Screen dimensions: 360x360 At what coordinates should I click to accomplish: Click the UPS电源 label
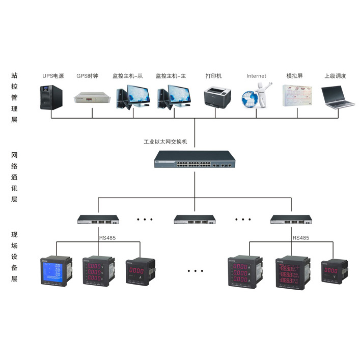click(53, 76)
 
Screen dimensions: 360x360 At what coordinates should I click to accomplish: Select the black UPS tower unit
click(51, 97)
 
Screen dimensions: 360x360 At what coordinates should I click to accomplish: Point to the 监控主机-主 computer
click(176, 97)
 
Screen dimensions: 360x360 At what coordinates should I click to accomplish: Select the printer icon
click(217, 97)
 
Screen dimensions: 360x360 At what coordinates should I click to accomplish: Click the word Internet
click(256, 76)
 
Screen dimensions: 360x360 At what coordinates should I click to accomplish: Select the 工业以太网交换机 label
click(166, 142)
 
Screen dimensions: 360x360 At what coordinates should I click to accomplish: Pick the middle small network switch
click(195, 220)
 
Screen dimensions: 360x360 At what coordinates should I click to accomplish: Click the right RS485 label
click(301, 238)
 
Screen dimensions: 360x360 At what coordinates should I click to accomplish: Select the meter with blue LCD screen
click(57, 272)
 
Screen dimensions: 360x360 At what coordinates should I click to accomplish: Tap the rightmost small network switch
click(291, 220)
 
